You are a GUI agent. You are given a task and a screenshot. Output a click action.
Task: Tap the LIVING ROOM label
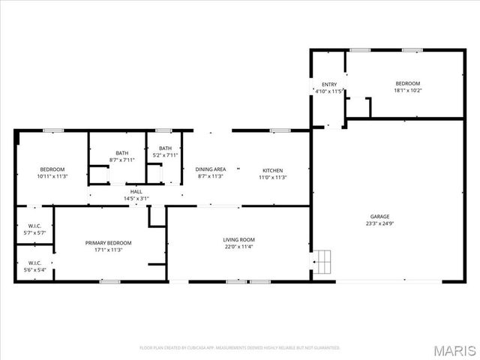pos(238,240)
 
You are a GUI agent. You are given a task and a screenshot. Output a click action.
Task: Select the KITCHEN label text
pos(272,170)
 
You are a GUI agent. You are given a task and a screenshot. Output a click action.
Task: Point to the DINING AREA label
pos(211,170)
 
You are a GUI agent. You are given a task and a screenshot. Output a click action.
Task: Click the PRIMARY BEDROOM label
pos(108,243)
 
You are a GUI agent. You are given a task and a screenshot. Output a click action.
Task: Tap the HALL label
pos(136,192)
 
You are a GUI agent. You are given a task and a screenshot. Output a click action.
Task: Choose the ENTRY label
pos(329,84)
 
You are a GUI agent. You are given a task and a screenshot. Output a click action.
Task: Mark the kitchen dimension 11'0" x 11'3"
pos(272,178)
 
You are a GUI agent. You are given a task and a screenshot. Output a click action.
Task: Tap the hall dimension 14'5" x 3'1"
pos(136,199)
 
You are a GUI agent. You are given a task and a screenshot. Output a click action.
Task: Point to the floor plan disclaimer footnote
pos(240,348)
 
